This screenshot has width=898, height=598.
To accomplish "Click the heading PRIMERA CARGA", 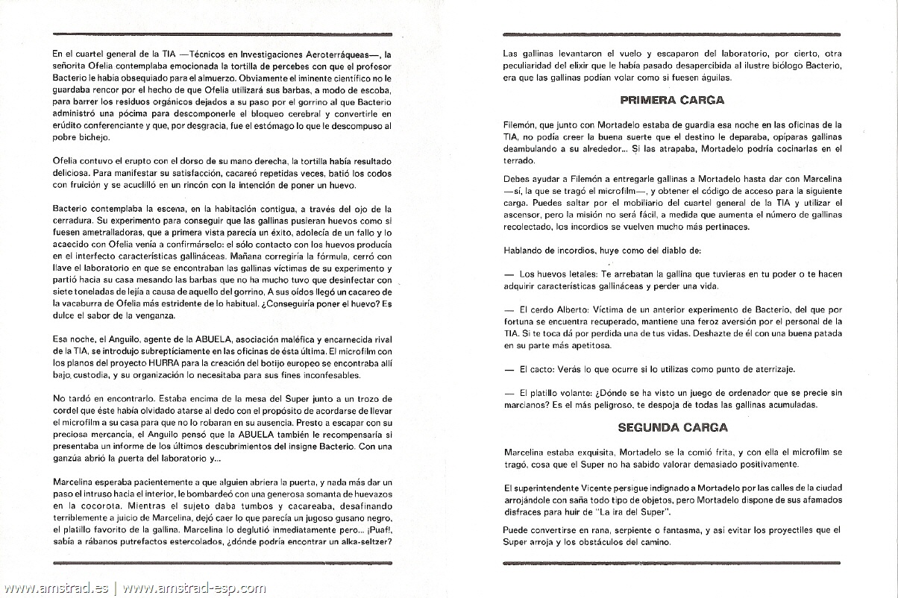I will (x=672, y=99).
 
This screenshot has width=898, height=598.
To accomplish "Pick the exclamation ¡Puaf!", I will (x=377, y=530).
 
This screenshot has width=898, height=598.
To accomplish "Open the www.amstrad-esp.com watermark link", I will (x=194, y=588).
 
